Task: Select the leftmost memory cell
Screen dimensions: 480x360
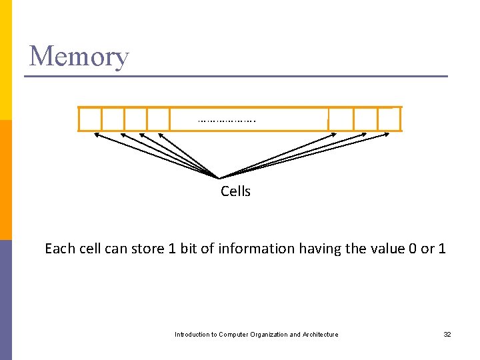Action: coord(91,119)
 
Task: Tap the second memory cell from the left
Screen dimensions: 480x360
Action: coord(113,119)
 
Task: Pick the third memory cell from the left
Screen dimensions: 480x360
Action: coord(136,119)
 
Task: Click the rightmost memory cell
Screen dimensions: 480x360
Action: coord(389,119)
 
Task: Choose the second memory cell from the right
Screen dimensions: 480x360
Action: coord(365,119)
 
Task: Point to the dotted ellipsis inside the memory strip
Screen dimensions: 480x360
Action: coord(227,121)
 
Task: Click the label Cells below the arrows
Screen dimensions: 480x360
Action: coord(235,191)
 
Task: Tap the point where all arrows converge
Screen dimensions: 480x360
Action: coord(219,177)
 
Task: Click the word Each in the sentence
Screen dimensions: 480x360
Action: coord(58,249)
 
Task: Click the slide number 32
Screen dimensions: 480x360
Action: coord(447,334)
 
